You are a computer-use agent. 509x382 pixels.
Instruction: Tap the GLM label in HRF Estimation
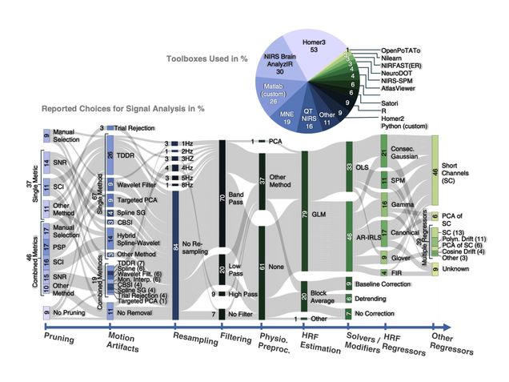[319, 214]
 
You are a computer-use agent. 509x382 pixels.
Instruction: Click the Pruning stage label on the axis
[61, 338]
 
